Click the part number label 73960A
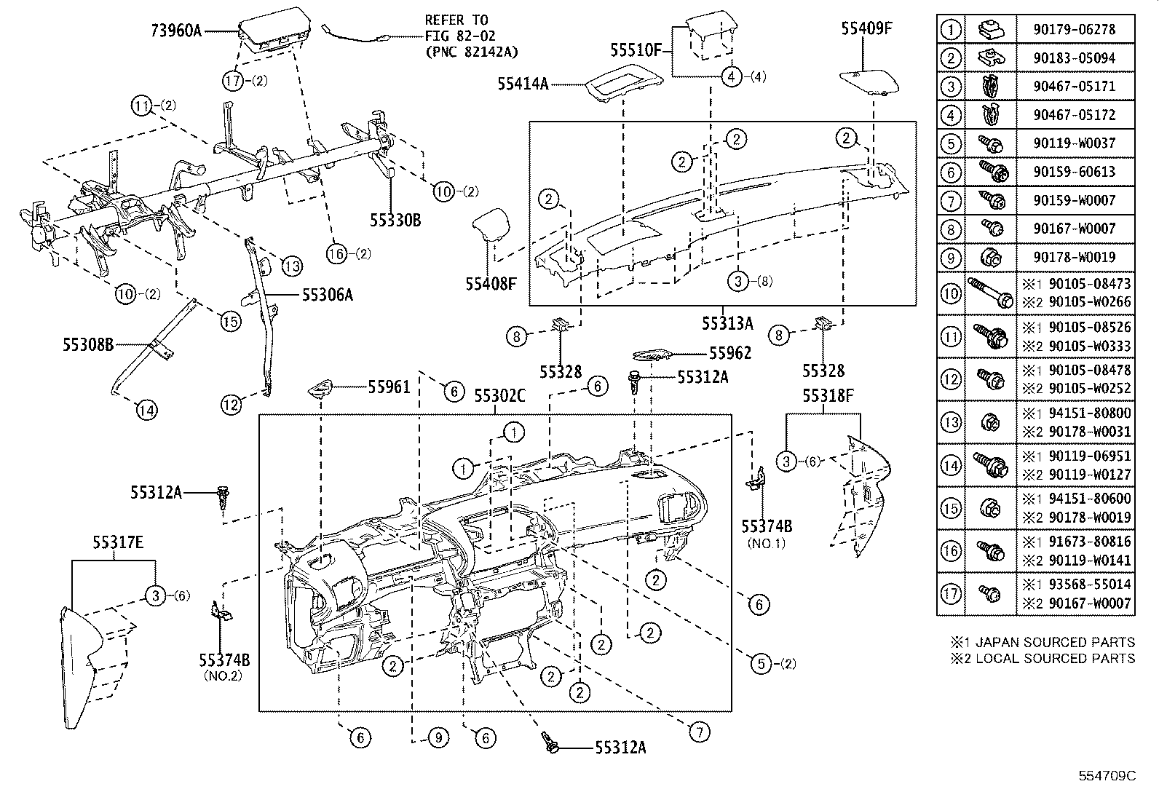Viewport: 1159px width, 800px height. coord(175,31)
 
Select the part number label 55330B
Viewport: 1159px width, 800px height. coord(395,221)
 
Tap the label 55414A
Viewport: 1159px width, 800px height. coord(523,84)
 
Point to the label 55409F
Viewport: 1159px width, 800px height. coord(866,28)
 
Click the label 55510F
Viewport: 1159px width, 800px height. coord(636,50)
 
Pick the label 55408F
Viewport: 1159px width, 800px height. coord(491,283)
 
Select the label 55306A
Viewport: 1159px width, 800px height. coord(327,295)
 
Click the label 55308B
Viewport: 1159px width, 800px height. coord(88,344)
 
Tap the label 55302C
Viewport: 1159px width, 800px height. coord(499,396)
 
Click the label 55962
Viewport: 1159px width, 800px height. coord(730,354)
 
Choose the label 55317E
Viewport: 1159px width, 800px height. coord(118,542)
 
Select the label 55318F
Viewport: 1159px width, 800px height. coord(828,396)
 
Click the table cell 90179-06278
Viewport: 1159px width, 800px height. coord(1074,30)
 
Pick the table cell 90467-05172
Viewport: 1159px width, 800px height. coord(1074,115)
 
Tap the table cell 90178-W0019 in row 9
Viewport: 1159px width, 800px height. coord(1074,258)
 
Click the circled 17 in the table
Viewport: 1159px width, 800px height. coord(951,594)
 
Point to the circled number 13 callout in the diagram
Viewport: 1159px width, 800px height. coord(292,266)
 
